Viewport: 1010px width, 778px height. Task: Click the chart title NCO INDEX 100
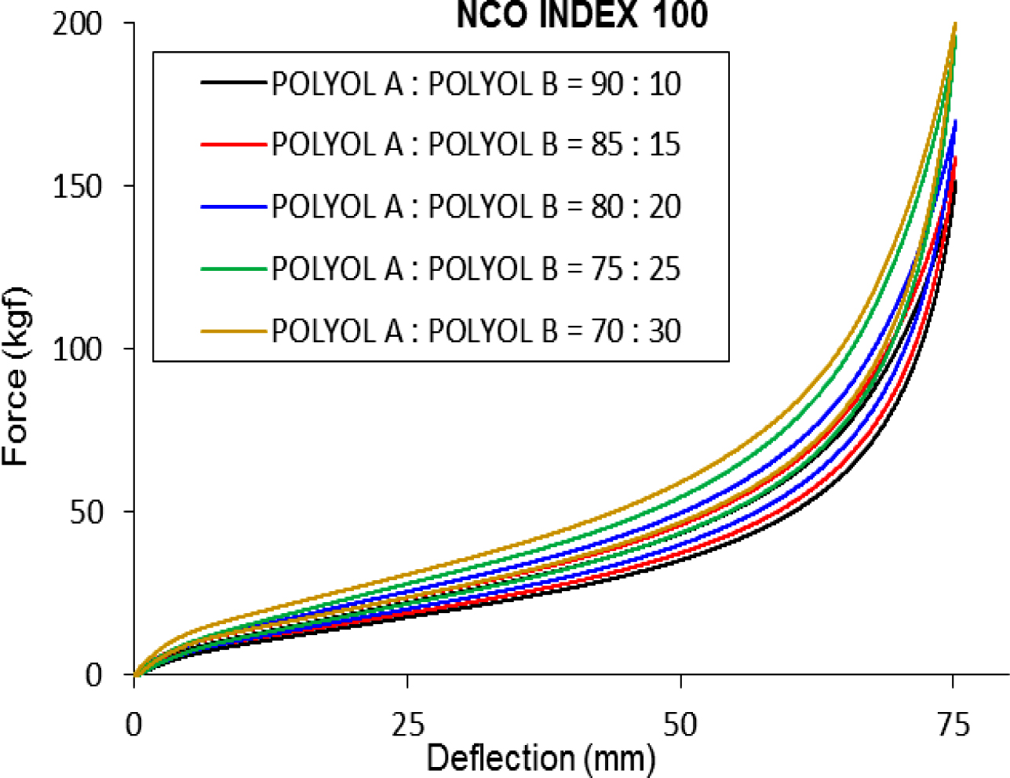coord(582,15)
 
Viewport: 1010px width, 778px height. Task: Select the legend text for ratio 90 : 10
coord(476,83)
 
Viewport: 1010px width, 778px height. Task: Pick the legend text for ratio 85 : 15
coord(476,144)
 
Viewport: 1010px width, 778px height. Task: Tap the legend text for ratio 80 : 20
coord(476,206)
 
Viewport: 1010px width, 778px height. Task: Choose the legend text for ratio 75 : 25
coord(476,268)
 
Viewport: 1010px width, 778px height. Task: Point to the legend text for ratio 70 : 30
coord(476,331)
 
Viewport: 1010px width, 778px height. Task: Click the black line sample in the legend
coord(233,82)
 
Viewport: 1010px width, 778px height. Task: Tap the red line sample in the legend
coord(233,144)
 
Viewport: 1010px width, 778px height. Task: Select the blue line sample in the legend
coord(233,206)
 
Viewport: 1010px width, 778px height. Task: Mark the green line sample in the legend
coord(233,268)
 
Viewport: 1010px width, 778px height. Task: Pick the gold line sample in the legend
coord(233,331)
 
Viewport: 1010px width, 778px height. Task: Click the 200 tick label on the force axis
coord(78,24)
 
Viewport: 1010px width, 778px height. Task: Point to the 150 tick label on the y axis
coord(78,187)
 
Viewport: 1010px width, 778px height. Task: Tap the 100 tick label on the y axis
coord(78,349)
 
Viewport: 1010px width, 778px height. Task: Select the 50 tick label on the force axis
coord(86,512)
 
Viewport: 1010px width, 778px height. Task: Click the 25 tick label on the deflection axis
coord(407,724)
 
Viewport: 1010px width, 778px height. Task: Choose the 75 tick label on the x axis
coord(953,724)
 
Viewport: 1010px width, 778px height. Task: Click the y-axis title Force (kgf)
coord(17,377)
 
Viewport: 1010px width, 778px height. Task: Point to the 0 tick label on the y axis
coord(94,674)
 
